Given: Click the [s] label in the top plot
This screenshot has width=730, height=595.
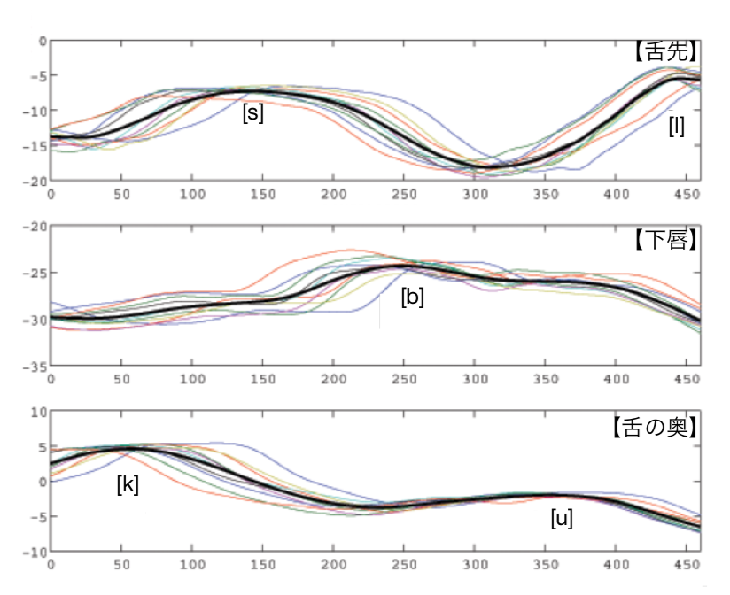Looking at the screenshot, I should click(x=252, y=113).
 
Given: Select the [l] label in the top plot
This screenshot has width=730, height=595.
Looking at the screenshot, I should click(x=676, y=127).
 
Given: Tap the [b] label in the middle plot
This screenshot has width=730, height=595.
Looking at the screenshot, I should click(x=412, y=297).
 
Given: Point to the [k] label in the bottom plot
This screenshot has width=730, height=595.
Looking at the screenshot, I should click(x=128, y=484).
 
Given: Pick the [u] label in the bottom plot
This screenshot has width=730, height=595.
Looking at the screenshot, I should click(x=562, y=518).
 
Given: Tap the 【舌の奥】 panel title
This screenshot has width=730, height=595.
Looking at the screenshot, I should click(x=655, y=427).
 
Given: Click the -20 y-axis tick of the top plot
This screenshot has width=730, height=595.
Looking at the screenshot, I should click(x=35, y=181).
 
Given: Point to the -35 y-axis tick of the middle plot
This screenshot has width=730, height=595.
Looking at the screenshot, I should click(x=35, y=367).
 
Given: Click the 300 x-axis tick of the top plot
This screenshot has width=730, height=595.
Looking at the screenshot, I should click(x=476, y=191).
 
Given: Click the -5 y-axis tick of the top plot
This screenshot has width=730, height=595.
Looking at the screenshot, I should click(x=39, y=76).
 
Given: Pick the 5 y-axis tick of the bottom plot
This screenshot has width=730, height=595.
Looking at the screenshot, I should click(x=41, y=447).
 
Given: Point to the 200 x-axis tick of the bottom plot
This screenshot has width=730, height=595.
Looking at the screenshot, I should click(x=334, y=563).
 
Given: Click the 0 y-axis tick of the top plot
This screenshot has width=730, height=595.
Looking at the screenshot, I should click(x=43, y=41).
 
